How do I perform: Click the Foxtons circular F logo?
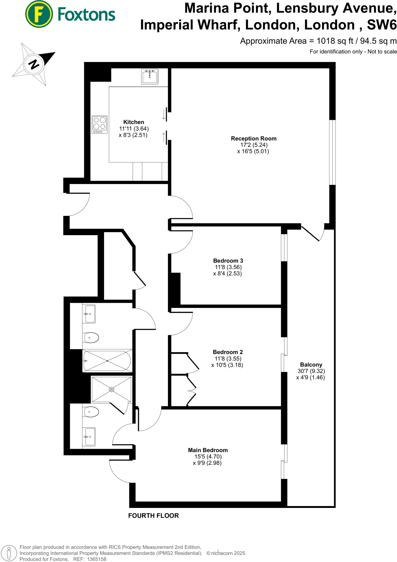tap(39, 14)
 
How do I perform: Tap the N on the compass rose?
tap(34, 64)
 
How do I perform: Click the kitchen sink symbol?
tap(150, 77)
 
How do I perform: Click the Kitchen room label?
tap(133, 122)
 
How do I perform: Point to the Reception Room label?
tap(253, 139)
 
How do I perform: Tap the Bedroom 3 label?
tap(228, 261)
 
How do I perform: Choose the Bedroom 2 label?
tap(228, 352)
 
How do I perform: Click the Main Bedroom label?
tap(208, 450)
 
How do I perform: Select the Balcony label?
tap(311, 365)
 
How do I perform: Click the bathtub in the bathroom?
tap(107, 361)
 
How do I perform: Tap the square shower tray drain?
tap(111, 389)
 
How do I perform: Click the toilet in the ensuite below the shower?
tap(91, 412)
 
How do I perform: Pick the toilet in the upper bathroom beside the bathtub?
tap(91, 338)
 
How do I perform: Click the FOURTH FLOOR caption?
tap(153, 516)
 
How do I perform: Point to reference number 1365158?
tap(96, 559)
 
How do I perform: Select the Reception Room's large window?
tap(332, 152)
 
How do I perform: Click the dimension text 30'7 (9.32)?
tap(311, 371)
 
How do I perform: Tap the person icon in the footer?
tap(9, 553)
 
